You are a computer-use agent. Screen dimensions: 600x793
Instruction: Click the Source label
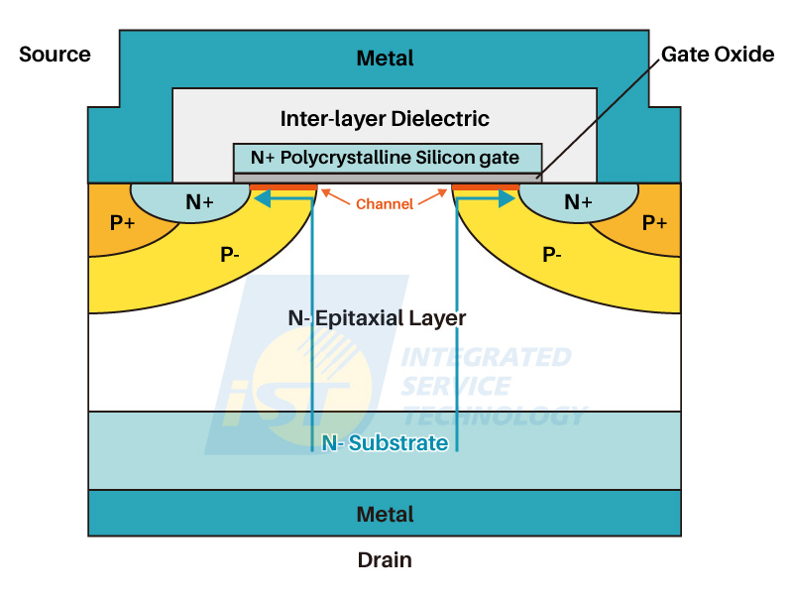point(55,55)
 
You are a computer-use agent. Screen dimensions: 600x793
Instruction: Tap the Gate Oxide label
point(717,55)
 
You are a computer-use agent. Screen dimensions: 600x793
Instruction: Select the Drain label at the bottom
point(385,560)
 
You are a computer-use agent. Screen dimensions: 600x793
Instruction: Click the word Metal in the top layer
point(385,60)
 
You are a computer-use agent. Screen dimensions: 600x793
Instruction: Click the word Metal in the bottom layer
point(385,515)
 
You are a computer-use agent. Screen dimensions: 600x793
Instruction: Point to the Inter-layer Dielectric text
point(385,119)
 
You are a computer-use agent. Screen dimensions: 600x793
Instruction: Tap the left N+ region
point(199,202)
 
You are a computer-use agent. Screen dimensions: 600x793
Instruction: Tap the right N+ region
point(577,202)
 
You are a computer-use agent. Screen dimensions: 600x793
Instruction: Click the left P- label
point(229,255)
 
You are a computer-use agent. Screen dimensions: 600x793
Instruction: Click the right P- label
point(552,255)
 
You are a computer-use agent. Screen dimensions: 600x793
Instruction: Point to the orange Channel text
point(385,204)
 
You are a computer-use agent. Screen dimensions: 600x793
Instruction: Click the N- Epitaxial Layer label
point(377,318)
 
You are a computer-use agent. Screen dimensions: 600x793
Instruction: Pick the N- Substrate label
point(385,443)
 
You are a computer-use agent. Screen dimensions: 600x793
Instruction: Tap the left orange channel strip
point(283,186)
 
